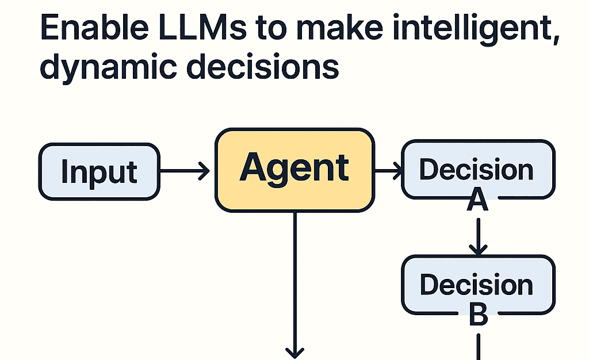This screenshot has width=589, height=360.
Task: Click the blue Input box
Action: pyautogui.click(x=99, y=171)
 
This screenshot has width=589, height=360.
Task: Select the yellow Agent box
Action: pyautogui.click(x=294, y=169)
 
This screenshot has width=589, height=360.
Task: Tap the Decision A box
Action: pyautogui.click(x=477, y=170)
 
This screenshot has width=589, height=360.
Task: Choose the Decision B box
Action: pyautogui.click(x=477, y=284)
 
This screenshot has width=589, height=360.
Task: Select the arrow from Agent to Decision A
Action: pyautogui.click(x=389, y=171)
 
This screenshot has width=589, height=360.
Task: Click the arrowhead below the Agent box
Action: pyautogui.click(x=294, y=351)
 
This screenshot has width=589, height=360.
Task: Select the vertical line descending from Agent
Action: pyautogui.click(x=294, y=276)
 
